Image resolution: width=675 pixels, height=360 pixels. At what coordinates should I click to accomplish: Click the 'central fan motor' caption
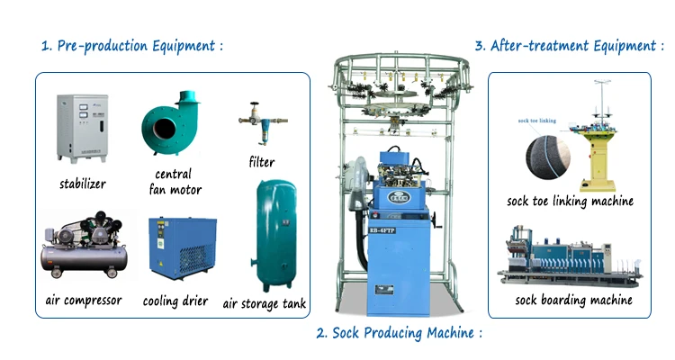pos(177,182)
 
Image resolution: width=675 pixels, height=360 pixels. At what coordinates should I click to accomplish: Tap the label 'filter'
pos(261,163)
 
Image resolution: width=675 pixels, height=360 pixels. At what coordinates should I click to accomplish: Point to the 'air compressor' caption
pos(82,301)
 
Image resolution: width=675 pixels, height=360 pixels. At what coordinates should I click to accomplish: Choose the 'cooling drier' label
pos(175,301)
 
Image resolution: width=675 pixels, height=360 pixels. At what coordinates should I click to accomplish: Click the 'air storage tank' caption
pos(265,304)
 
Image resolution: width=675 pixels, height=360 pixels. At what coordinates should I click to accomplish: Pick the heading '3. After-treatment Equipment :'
pos(569,45)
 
